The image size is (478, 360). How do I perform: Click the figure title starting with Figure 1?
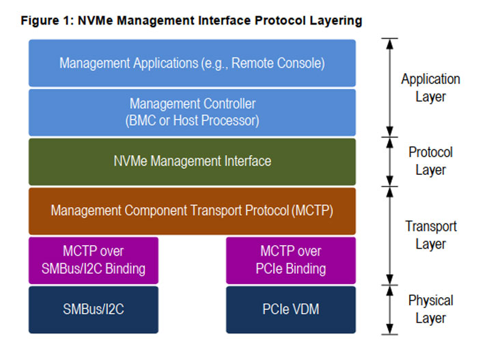191,21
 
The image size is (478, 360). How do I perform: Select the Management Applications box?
192,63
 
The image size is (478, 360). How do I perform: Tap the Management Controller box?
192,112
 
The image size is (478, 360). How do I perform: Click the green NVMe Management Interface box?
192,162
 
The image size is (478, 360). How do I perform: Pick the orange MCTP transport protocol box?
192,211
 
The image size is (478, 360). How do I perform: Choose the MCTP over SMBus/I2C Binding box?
94,260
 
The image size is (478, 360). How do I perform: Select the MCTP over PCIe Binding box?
291,260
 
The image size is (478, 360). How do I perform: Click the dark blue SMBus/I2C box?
94,309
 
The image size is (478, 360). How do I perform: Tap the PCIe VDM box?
291,309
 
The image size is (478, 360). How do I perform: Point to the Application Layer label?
430,88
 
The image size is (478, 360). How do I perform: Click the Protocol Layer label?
430,161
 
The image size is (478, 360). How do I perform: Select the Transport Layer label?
431,235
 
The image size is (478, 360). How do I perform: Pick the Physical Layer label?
430,309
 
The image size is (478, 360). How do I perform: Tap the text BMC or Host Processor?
192,120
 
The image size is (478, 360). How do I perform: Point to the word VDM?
305,309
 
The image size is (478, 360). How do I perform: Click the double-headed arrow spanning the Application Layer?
390,87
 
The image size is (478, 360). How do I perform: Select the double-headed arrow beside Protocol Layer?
390,162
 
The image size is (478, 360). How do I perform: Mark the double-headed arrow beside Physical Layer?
390,310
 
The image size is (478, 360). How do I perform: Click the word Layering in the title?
336,21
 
